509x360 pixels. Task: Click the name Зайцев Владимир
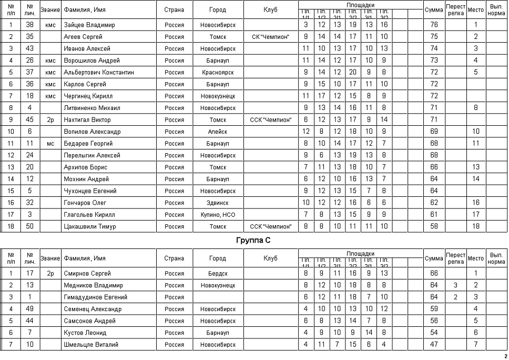(89, 25)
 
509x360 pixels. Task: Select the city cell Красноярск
(218, 73)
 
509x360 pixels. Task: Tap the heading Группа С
(254, 241)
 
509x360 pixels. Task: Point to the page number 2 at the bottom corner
(505, 356)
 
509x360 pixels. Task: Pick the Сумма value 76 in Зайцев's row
(434, 25)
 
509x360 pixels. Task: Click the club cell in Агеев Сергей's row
(270, 37)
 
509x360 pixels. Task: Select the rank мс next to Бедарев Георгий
(50, 144)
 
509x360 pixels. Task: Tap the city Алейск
(218, 132)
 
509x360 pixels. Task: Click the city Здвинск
(218, 203)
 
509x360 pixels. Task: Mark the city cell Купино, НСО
(218, 215)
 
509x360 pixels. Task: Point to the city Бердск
(218, 274)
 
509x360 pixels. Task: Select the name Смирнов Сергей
(87, 274)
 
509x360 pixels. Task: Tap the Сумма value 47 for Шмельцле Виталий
(434, 345)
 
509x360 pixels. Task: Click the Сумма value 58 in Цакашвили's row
(434, 227)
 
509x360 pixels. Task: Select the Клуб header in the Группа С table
(270, 258)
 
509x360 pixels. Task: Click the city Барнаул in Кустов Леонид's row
(218, 333)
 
